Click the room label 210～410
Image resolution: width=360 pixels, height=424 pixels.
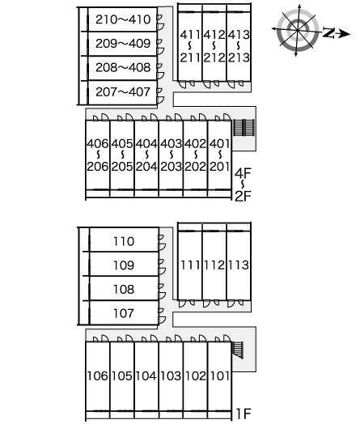coord(123,19)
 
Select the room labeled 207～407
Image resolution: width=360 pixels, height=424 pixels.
coord(123,92)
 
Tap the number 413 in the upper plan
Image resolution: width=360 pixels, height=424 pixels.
coord(239,35)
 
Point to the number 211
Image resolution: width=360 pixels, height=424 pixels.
coord(190,57)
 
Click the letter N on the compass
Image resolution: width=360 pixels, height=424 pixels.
coord(328,32)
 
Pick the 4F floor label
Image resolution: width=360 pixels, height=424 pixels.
coord(243,173)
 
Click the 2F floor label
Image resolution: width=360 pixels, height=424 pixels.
coord(243,197)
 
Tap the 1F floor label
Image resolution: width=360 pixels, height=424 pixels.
coord(244,413)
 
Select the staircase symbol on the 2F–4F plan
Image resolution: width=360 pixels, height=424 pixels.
coord(244,128)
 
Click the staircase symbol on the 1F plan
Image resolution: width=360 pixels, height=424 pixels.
coord(238,350)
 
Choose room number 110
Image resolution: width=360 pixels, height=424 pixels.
coord(124,241)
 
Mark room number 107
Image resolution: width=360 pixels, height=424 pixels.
coord(124,313)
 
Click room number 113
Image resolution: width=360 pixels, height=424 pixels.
coord(239,265)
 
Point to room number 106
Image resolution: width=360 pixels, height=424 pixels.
coord(97,376)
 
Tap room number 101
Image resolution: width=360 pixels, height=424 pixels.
coord(220,376)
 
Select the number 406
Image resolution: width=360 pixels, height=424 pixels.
coord(98,143)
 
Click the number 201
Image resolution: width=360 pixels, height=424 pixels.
coord(220,167)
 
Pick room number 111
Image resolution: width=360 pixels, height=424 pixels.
coord(190,265)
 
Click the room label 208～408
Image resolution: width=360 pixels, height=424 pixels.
coord(123,68)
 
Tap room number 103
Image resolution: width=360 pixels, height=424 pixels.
coord(171,376)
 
